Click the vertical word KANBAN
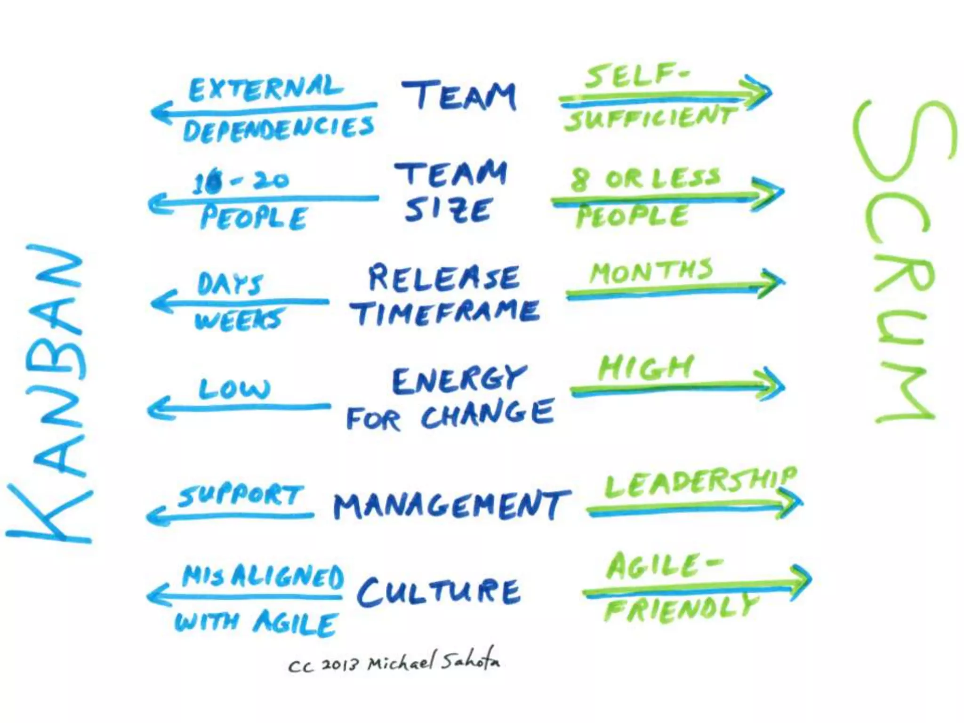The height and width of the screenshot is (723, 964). [x=49, y=393]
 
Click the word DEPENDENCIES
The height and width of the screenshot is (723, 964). [x=279, y=129]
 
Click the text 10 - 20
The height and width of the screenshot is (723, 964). [x=241, y=181]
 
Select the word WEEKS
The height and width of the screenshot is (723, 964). [x=239, y=320]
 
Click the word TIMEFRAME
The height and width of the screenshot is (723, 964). [x=444, y=312]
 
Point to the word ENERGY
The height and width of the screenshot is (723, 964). [x=459, y=379]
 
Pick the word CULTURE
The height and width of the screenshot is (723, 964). [x=439, y=591]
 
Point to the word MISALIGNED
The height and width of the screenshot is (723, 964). [x=263, y=576]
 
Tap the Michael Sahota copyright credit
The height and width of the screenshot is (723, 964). [x=394, y=663]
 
